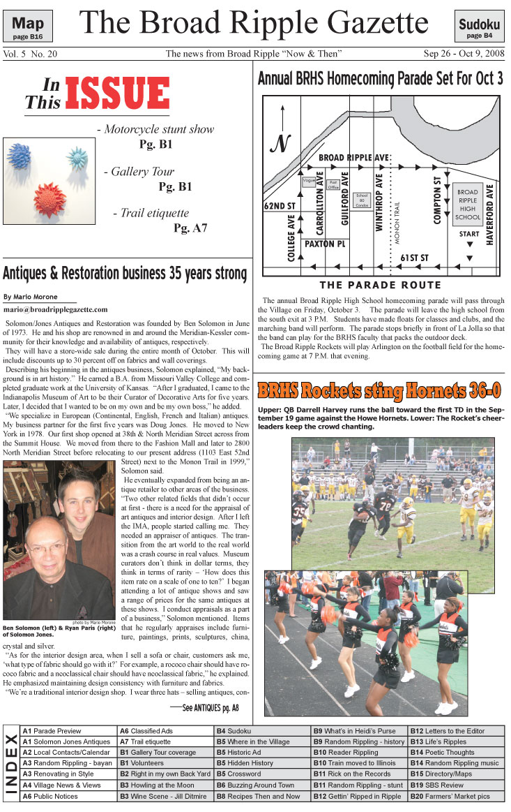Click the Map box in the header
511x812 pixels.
pyautogui.click(x=32, y=27)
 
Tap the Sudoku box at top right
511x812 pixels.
pyautogui.click(x=479, y=27)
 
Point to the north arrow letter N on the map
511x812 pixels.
pyautogui.click(x=280, y=144)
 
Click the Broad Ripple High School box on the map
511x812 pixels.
pyautogui.click(x=468, y=204)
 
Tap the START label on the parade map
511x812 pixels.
pyautogui.click(x=468, y=235)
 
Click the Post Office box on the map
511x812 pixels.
pyautogui.click(x=334, y=186)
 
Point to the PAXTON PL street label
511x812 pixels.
pyautogui.click(x=325, y=244)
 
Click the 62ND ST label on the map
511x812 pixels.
pyautogui.click(x=280, y=207)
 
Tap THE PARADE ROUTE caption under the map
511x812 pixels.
pyautogui.click(x=380, y=285)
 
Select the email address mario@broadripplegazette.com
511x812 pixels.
pyautogui.click(x=56, y=309)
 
